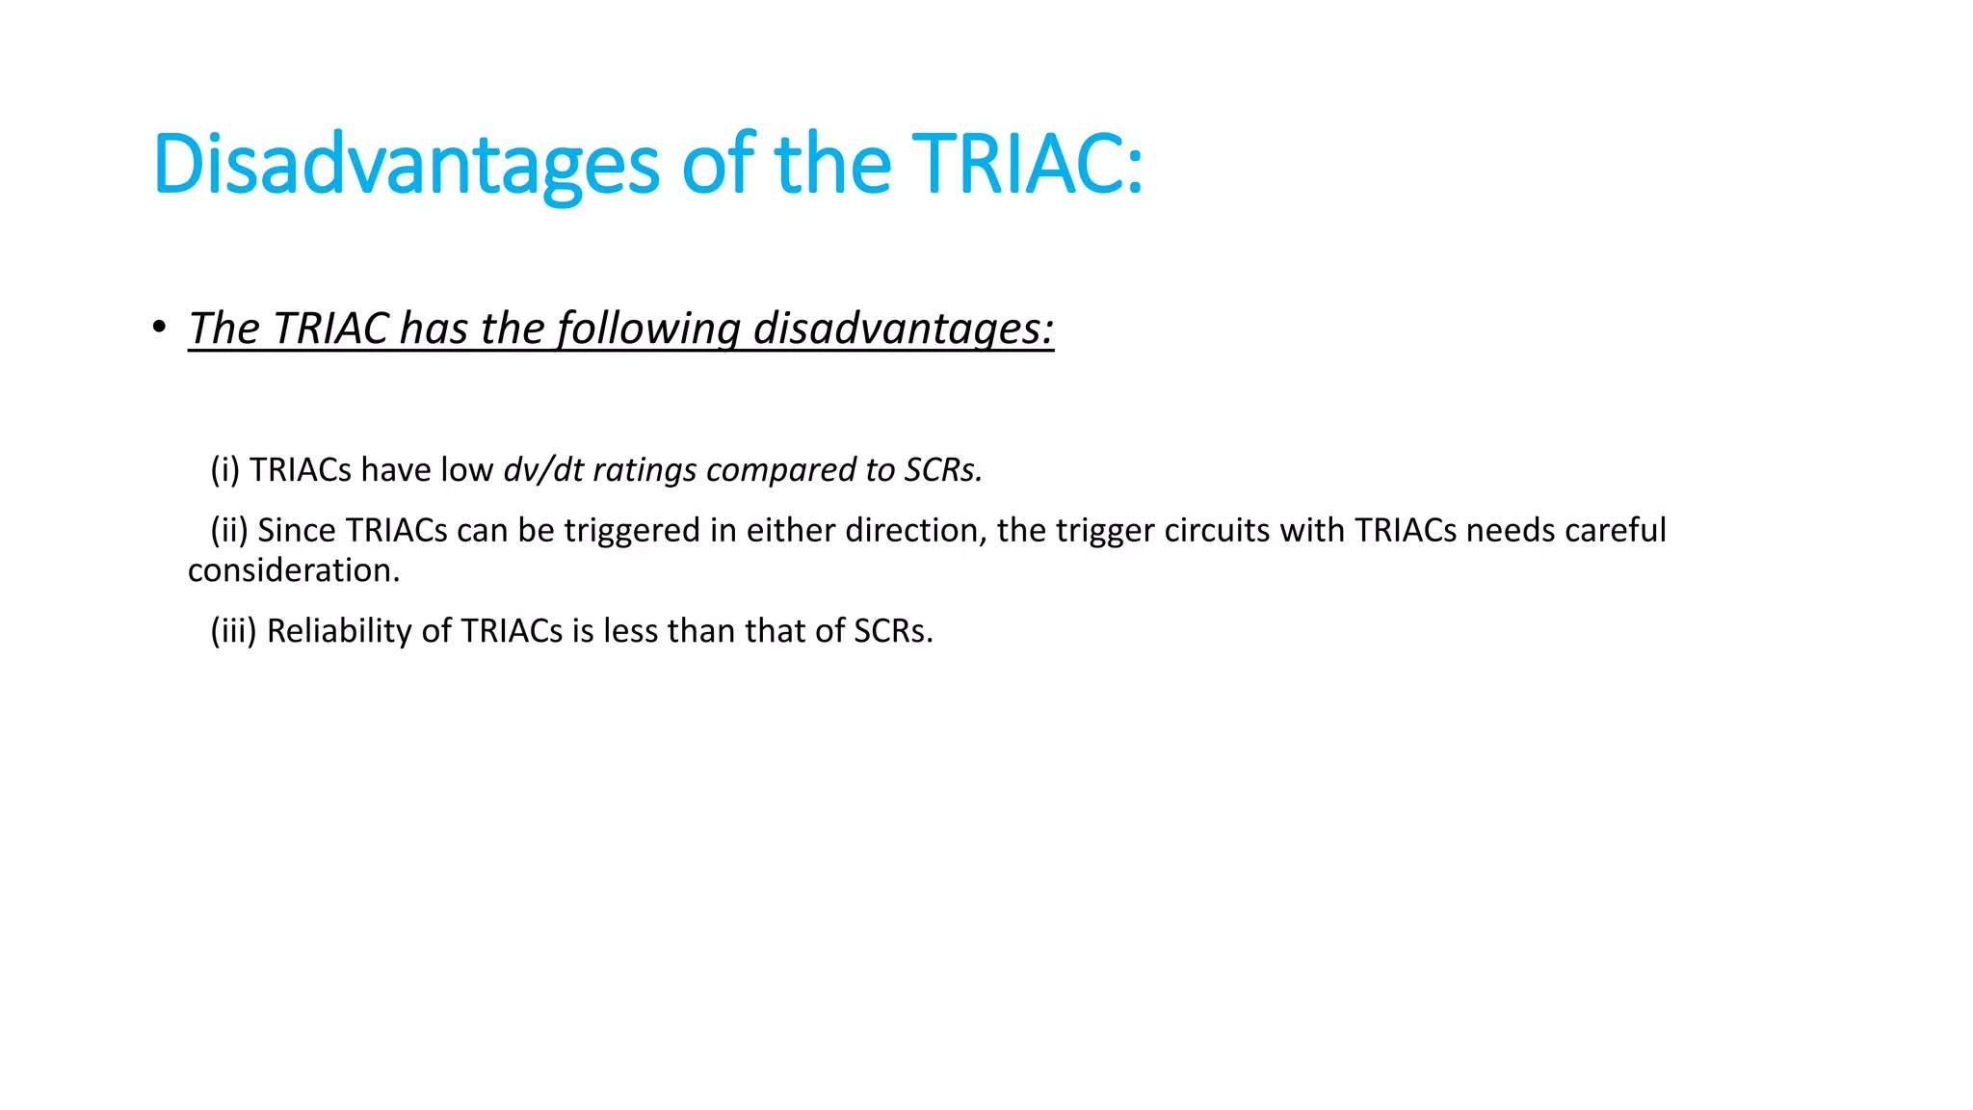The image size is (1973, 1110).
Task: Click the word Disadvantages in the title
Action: tap(406, 164)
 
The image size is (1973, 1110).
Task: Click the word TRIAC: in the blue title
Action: tap(1027, 164)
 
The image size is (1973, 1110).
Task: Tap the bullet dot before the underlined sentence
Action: tap(159, 328)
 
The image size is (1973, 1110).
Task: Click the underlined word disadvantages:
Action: tap(903, 329)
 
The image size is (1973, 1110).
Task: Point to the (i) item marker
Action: tap(224, 469)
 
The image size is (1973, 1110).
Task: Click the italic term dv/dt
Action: tap(543, 469)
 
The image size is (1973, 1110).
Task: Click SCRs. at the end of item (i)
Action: tap(943, 469)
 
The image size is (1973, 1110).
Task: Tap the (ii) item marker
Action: tap(229, 530)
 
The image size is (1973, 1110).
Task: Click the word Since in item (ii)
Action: tap(296, 530)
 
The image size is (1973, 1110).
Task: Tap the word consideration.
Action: tap(293, 570)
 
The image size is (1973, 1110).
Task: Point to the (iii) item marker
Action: tap(233, 630)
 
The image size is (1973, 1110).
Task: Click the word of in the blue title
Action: tap(718, 164)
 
